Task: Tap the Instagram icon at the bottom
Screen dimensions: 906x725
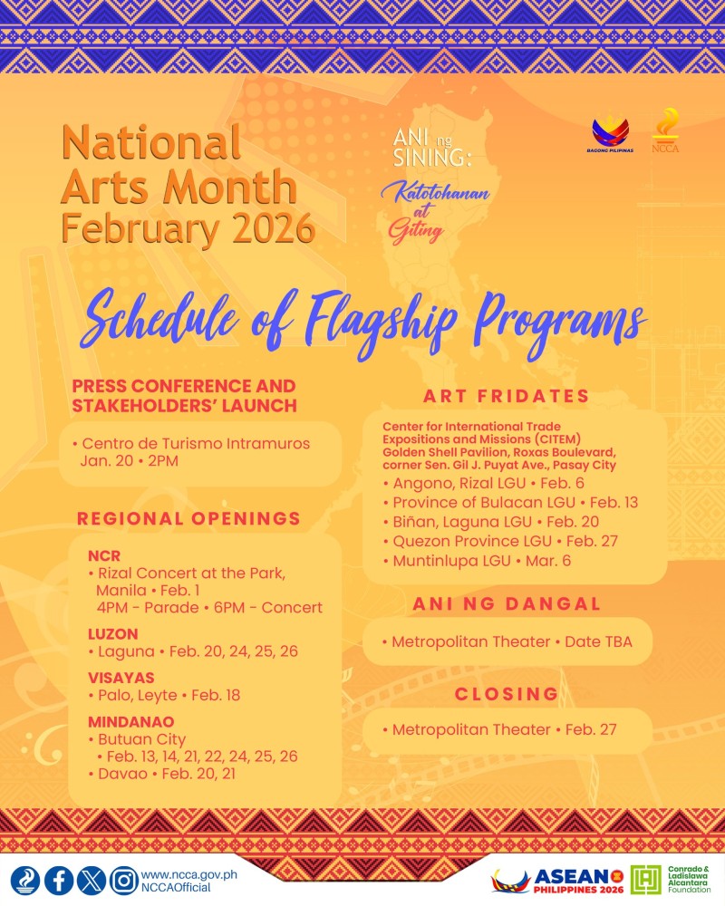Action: (123, 880)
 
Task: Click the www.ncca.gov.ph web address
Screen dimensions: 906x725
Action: (189, 873)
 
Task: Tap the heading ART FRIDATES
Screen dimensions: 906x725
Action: (507, 395)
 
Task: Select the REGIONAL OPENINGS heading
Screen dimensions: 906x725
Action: (188, 518)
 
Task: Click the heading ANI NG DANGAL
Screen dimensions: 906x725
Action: (507, 603)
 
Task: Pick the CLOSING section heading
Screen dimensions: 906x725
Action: (507, 693)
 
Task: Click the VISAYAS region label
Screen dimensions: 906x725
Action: (121, 677)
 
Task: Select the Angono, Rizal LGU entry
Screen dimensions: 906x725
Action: (483, 482)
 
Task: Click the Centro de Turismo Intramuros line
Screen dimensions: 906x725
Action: (195, 444)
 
